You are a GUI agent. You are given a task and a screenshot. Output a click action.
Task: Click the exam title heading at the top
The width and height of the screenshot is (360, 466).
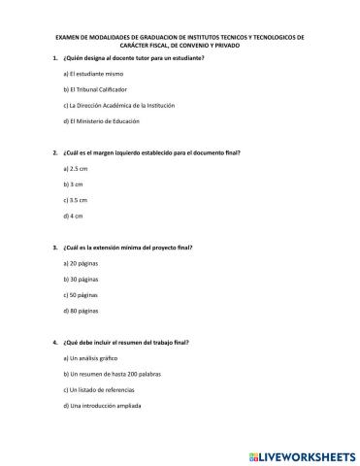click(x=180, y=41)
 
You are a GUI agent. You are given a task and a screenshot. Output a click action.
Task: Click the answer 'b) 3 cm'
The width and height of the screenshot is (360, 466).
click(x=72, y=183)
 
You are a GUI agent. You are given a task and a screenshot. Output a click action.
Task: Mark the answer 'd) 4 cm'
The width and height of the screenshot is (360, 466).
click(x=72, y=215)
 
